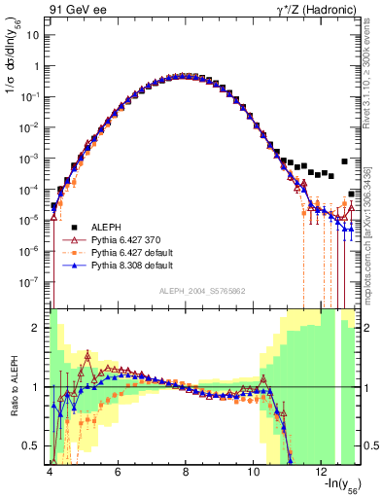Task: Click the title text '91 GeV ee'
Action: point(74,9)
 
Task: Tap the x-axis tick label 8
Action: point(186,472)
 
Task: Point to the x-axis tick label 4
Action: point(49,472)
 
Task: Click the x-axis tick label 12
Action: point(323,472)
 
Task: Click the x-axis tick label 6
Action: point(118,472)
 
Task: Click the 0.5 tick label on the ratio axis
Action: point(32,445)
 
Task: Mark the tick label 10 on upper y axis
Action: point(34,35)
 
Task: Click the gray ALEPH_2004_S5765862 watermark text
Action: point(203,291)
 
